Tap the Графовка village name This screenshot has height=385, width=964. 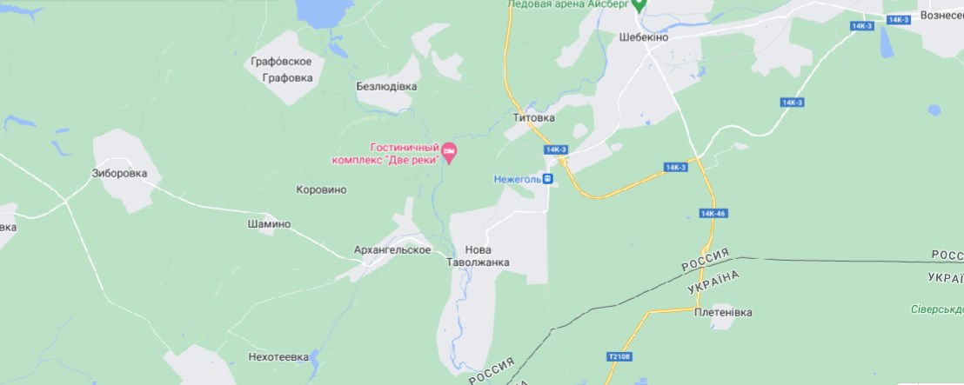pos(287,77)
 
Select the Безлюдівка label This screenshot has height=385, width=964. pos(386,87)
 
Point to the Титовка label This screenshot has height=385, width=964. pos(533,117)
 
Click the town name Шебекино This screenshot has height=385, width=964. pos(648,38)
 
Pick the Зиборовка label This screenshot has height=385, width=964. pos(119,173)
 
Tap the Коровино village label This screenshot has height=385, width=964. pos(321,189)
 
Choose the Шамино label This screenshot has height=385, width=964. pos(269,224)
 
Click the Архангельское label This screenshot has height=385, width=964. pos(392,250)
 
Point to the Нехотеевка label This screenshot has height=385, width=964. pos(278,357)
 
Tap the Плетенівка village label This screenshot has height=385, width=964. pos(723,313)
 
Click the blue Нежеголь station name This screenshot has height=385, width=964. pos(518,179)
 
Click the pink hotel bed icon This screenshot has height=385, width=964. pos(450,154)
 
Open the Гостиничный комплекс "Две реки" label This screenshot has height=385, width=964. pos(384,154)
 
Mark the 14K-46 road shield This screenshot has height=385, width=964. pos(713,213)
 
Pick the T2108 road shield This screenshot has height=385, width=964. pos(617,357)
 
